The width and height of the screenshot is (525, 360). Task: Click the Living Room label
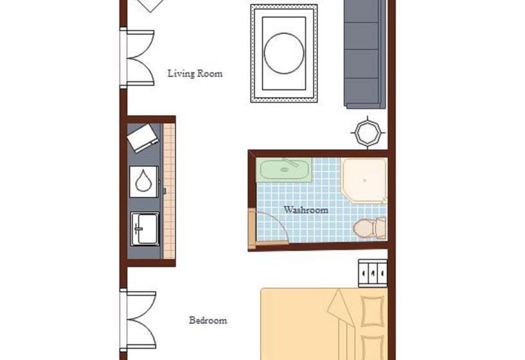point(195,73)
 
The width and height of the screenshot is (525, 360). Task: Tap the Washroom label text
point(306,210)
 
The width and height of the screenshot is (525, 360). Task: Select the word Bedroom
point(208,320)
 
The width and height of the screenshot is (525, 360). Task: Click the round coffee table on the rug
point(284,53)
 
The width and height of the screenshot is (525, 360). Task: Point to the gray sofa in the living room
point(365,53)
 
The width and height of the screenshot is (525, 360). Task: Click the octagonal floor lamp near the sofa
point(368,133)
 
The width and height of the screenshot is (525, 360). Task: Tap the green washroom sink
point(284,170)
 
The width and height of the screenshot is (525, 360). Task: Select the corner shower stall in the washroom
point(364,181)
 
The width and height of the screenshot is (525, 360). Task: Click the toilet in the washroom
point(370,228)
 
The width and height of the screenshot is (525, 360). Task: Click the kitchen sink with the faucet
point(145,229)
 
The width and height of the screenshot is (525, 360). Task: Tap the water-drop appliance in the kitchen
point(144,181)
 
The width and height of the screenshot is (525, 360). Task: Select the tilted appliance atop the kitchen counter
point(143,138)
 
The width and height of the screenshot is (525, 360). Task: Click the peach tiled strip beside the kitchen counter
point(169,191)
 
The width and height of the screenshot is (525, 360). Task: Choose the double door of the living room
point(138,58)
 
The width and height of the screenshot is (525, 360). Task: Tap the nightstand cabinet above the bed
point(373,273)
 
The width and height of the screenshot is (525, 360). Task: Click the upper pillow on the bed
point(372,311)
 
